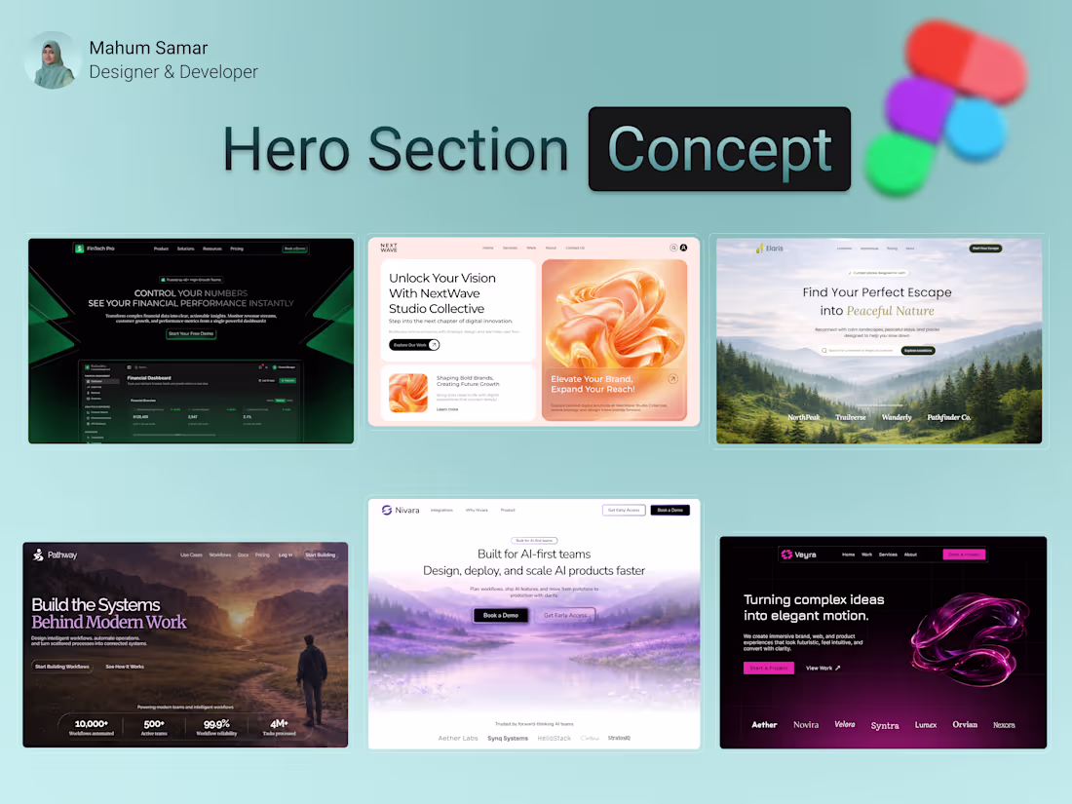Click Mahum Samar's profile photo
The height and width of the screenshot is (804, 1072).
click(x=53, y=59)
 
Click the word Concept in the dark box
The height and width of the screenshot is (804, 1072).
click(x=719, y=149)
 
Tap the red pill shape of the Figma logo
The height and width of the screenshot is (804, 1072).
click(x=965, y=62)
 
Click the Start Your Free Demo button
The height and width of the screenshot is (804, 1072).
click(x=191, y=333)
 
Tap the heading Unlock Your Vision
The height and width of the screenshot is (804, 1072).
click(x=442, y=278)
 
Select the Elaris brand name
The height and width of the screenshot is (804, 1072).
click(x=774, y=249)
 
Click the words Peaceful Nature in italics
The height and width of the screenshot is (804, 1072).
click(x=890, y=311)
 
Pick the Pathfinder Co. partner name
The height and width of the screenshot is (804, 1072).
click(x=948, y=417)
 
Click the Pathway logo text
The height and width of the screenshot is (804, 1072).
click(x=61, y=555)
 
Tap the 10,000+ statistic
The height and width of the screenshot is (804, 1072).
click(x=92, y=723)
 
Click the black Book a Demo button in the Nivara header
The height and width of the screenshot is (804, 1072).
click(x=670, y=510)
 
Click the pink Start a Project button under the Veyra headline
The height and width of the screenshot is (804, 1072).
click(x=769, y=668)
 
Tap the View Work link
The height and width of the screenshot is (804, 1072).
click(x=823, y=668)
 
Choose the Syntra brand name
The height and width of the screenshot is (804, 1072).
click(x=885, y=725)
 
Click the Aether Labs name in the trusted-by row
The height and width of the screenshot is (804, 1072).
click(x=457, y=738)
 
